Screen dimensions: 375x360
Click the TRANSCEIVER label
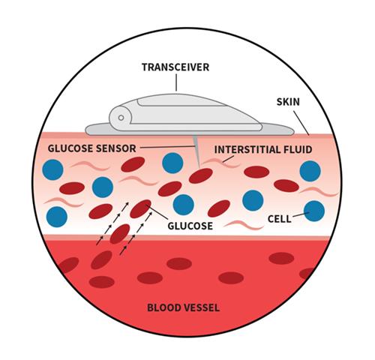pos(175,67)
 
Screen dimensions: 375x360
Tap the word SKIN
pos(288,102)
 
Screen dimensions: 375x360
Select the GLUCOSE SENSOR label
pos(92,148)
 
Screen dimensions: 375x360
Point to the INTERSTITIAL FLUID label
pos(263,149)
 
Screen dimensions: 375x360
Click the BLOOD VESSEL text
pos(184,307)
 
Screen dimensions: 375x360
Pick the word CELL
pos(280,219)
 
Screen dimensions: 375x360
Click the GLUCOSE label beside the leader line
pos(190,226)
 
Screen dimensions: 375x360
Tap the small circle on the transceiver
pos(121,118)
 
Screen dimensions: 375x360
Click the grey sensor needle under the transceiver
pos(197,151)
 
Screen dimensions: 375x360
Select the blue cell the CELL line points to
pos(314,211)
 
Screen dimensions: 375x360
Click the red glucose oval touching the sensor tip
pos(201,175)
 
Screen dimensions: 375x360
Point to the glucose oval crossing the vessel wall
pos(120,234)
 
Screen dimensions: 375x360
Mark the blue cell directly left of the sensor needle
pos(172,163)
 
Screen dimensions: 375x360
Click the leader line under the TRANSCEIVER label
pos(176,82)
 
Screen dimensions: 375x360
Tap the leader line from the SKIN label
pos(301,123)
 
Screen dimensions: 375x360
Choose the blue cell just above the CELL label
pos(253,200)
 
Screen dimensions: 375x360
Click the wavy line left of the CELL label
pos(244,224)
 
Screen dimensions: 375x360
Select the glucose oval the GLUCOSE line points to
pos(140,208)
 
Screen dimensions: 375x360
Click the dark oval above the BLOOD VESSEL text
pos(179,264)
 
